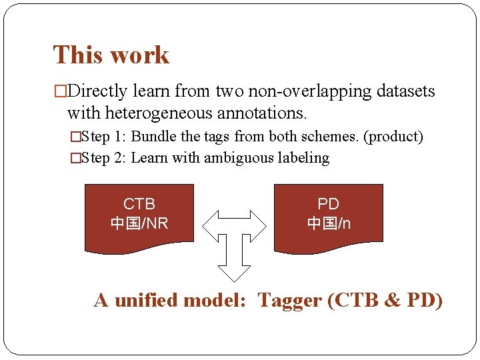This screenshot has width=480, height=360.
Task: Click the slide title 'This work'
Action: tap(111, 55)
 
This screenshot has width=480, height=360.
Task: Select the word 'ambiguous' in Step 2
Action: tap(237, 158)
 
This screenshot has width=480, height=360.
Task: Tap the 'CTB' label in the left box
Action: tap(139, 204)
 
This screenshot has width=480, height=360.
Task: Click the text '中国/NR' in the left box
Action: tap(139, 223)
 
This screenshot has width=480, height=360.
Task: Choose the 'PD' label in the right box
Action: tap(328, 204)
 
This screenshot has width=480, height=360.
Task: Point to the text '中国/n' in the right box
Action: tap(328, 223)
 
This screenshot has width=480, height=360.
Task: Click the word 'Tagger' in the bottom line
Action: tap(289, 301)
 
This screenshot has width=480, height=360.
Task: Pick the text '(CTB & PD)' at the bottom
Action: tap(385, 301)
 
